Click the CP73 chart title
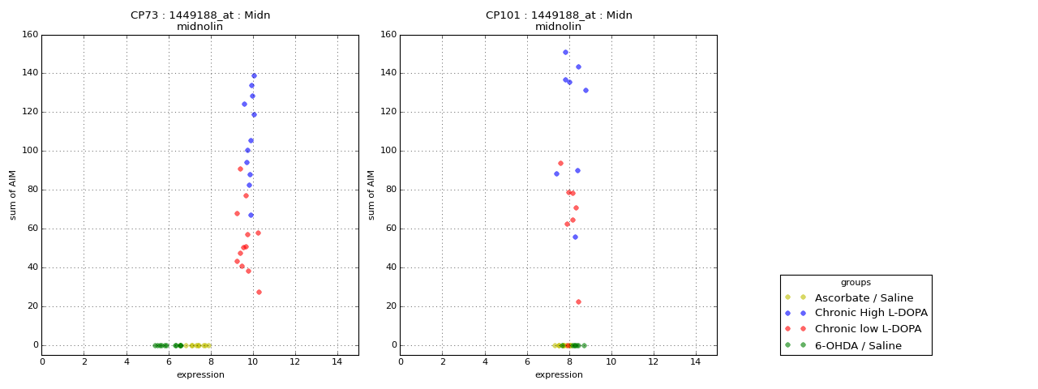click(200, 15)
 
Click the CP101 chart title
click(559, 15)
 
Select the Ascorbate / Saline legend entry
click(864, 297)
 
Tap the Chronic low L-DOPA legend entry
click(868, 329)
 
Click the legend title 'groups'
click(856, 282)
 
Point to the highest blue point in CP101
click(565, 52)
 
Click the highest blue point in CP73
click(254, 75)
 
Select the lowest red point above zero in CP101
click(578, 301)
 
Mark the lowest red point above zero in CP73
click(259, 292)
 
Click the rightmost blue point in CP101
click(585, 90)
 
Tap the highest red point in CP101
click(560, 163)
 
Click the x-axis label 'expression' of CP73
click(200, 374)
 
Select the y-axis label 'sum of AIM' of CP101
click(371, 194)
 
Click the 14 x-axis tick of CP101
click(695, 361)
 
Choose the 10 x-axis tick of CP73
click(253, 361)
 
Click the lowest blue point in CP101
click(575, 237)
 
